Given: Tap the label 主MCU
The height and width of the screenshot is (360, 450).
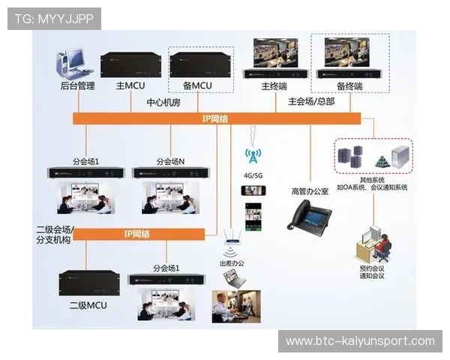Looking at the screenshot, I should point(130,86).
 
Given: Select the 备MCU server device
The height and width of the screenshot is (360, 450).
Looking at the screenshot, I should point(201,65).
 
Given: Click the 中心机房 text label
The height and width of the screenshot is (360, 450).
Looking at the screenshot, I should point(163,103).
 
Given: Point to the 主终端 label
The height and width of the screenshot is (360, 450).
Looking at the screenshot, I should point(274,86).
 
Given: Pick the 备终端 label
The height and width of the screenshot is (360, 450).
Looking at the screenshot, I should point(349,86).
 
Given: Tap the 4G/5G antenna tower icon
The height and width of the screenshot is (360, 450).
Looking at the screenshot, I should point(253,155).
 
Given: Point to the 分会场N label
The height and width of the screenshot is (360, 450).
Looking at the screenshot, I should point(170,161).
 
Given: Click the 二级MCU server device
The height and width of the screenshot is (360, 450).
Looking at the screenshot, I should point(89,283).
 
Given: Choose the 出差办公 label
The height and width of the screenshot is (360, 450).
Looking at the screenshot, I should point(231,264).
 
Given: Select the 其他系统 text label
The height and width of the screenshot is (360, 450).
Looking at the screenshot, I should point(372,180).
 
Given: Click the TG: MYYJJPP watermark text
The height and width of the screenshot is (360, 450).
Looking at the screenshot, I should point(53,18).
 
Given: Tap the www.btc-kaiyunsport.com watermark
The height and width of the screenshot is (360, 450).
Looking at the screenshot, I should point(360,341).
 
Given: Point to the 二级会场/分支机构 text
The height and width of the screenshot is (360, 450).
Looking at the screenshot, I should point(55,234).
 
